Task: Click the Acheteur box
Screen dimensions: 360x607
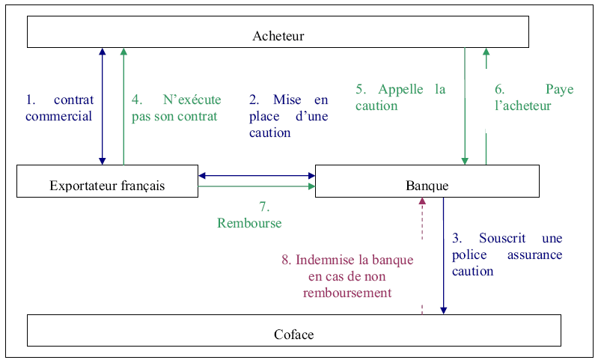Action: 278,32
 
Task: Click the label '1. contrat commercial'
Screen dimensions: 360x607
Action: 59,108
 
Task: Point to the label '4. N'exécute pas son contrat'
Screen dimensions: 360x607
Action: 176,108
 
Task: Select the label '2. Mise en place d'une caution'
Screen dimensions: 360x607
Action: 288,116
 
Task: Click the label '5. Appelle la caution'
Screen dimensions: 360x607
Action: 400,97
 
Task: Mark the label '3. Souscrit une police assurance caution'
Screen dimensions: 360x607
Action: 507,254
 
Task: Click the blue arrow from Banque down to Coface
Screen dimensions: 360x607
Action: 444,254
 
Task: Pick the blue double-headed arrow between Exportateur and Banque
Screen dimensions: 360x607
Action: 257,176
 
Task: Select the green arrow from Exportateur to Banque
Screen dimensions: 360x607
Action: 257,187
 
